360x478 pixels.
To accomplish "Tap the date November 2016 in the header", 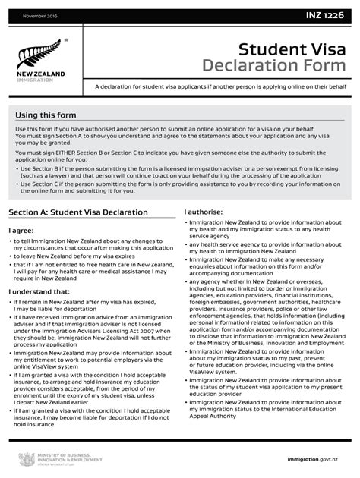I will pyautogui.click(x=39, y=16).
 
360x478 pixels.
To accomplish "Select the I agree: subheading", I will pyautogui.click(x=21, y=230).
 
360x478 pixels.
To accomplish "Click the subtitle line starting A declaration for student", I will pyautogui.click(x=221, y=87).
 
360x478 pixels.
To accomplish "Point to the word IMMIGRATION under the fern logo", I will pyautogui.click(x=35, y=79).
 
